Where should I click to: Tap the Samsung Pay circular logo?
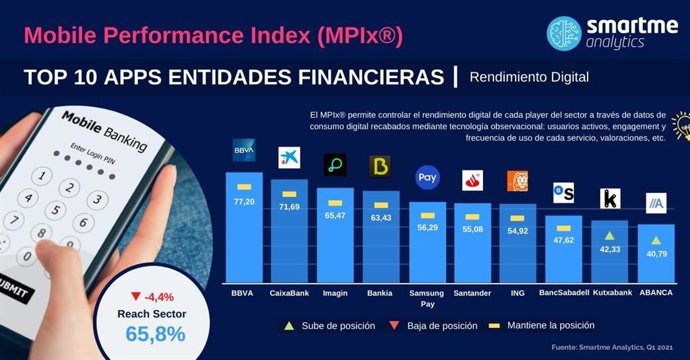(x=427, y=177)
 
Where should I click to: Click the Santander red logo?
(x=473, y=180)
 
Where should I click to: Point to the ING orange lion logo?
(x=518, y=181)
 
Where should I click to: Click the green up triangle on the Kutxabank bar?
(x=608, y=236)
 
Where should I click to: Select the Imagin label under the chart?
(x=335, y=293)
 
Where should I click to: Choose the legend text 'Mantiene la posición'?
(x=550, y=326)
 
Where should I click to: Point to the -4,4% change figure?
(x=160, y=296)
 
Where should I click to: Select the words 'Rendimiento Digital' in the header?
(x=530, y=76)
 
